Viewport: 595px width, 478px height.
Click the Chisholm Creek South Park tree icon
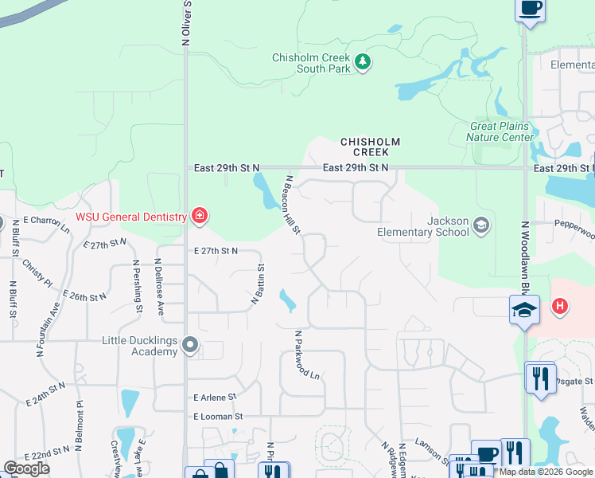[363, 62]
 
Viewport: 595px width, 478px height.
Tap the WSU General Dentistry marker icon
[199, 216]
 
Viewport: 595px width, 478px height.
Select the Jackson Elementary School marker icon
[480, 225]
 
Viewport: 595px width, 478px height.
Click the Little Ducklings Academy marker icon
[189, 345]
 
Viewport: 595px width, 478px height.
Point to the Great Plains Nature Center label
[501, 131]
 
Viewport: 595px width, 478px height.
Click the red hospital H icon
[560, 306]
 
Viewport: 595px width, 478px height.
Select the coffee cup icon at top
[530, 9]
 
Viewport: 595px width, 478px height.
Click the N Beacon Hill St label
[292, 205]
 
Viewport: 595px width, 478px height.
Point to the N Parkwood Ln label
[307, 355]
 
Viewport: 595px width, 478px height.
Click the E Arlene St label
[215, 397]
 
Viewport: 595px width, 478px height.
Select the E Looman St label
[217, 417]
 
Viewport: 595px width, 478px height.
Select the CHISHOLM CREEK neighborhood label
[365, 147]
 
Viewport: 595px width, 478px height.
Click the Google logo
[26, 468]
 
